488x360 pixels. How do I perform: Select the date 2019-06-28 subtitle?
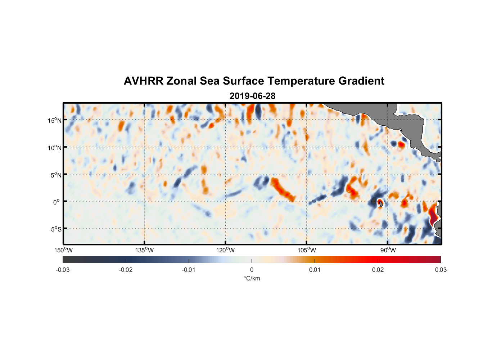coord(252,96)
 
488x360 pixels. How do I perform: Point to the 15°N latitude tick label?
coord(55,120)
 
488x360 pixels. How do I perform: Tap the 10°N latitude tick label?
coord(55,148)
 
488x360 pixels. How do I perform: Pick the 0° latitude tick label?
coord(57,202)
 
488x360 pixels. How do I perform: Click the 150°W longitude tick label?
coord(64,250)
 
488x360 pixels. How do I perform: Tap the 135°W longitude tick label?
coord(145,250)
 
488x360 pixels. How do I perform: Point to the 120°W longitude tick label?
coord(226,250)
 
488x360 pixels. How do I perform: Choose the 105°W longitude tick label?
coord(307,250)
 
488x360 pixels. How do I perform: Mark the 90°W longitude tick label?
coord(388,250)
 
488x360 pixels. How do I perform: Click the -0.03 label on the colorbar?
coord(63,270)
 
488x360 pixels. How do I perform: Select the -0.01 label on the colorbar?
coord(189,270)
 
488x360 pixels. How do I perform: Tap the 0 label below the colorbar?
coord(252,270)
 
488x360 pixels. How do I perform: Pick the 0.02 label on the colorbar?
coord(378,270)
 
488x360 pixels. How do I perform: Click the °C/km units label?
coord(252,278)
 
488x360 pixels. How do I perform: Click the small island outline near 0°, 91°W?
coord(381,204)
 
